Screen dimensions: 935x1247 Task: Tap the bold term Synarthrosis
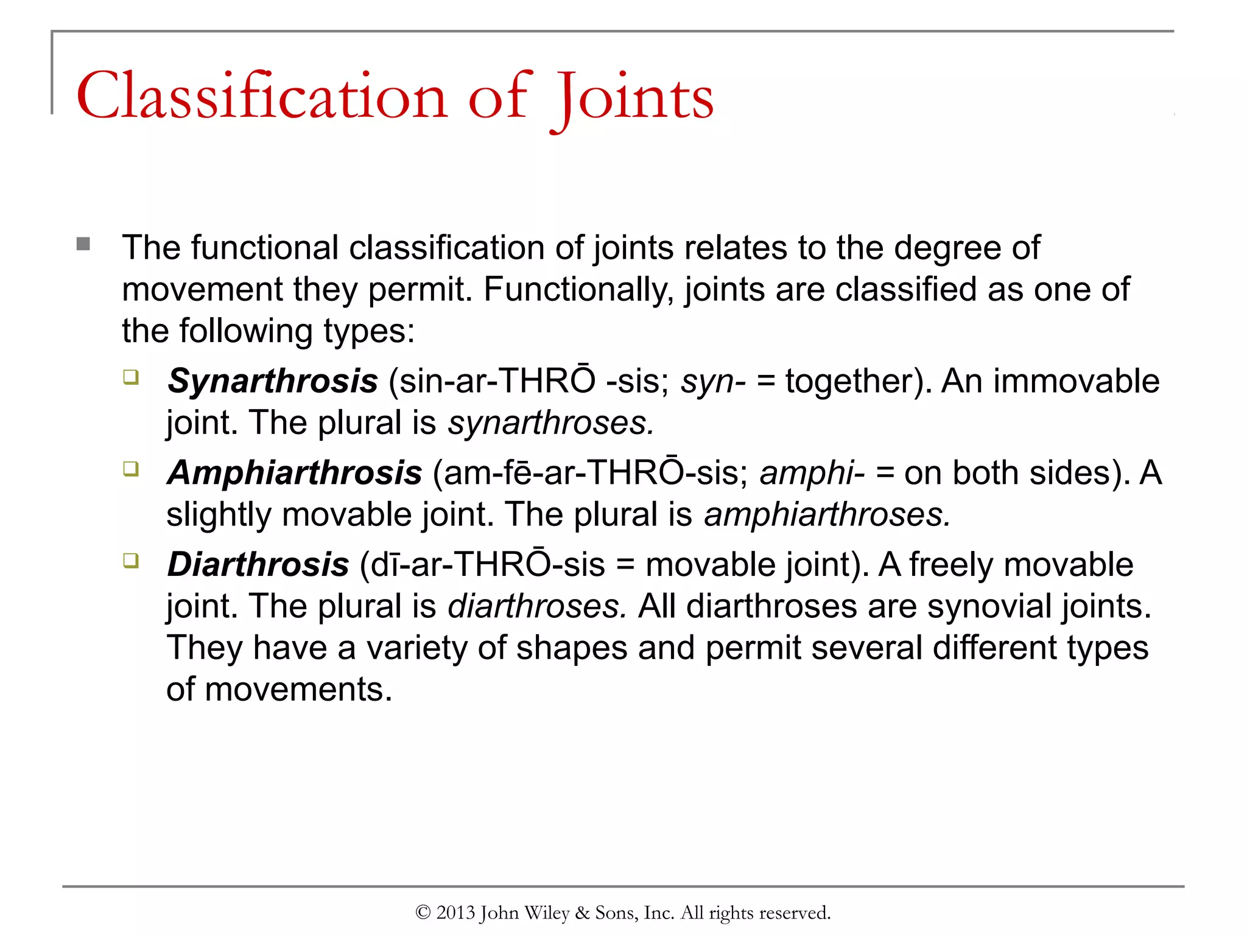(273, 382)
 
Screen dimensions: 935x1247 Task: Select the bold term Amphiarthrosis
(295, 473)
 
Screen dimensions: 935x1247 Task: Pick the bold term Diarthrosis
(258, 565)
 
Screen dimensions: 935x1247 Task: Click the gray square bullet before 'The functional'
(83, 245)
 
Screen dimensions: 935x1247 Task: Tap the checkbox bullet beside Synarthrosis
(131, 377)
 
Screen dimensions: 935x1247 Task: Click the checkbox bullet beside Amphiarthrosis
(131, 469)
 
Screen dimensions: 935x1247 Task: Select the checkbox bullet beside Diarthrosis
(131, 560)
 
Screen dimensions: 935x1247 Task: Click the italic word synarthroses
(550, 423)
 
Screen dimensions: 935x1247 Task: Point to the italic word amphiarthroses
(827, 515)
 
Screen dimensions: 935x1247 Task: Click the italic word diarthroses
(536, 607)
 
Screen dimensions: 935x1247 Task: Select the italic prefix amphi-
(812, 474)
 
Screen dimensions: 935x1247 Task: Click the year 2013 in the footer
(455, 912)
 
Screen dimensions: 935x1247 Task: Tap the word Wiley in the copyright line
(547, 912)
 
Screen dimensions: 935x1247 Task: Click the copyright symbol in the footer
(423, 912)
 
